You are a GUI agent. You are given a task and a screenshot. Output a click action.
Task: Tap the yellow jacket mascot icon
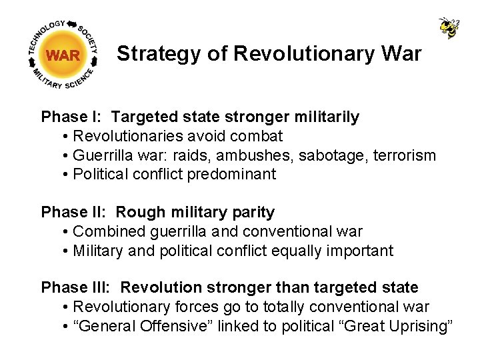(x=449, y=27)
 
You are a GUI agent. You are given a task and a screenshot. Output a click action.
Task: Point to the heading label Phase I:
(x=71, y=117)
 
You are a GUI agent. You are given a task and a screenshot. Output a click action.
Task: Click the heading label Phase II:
(x=73, y=213)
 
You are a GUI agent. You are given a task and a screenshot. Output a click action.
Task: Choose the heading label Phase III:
(x=76, y=288)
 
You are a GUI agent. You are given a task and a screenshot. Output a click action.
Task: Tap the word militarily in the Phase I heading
(x=327, y=117)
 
